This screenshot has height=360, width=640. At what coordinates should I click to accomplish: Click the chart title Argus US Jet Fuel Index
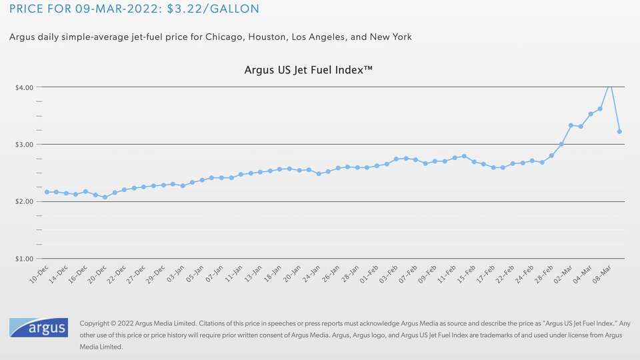(x=308, y=69)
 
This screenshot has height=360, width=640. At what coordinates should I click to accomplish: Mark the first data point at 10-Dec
(x=47, y=192)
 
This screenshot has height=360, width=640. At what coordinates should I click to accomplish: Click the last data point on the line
(x=619, y=132)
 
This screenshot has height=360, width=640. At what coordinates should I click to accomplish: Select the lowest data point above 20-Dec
(x=105, y=197)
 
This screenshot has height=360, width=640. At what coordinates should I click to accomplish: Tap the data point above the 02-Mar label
(x=571, y=125)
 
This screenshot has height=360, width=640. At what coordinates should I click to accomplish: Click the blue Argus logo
(x=37, y=328)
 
